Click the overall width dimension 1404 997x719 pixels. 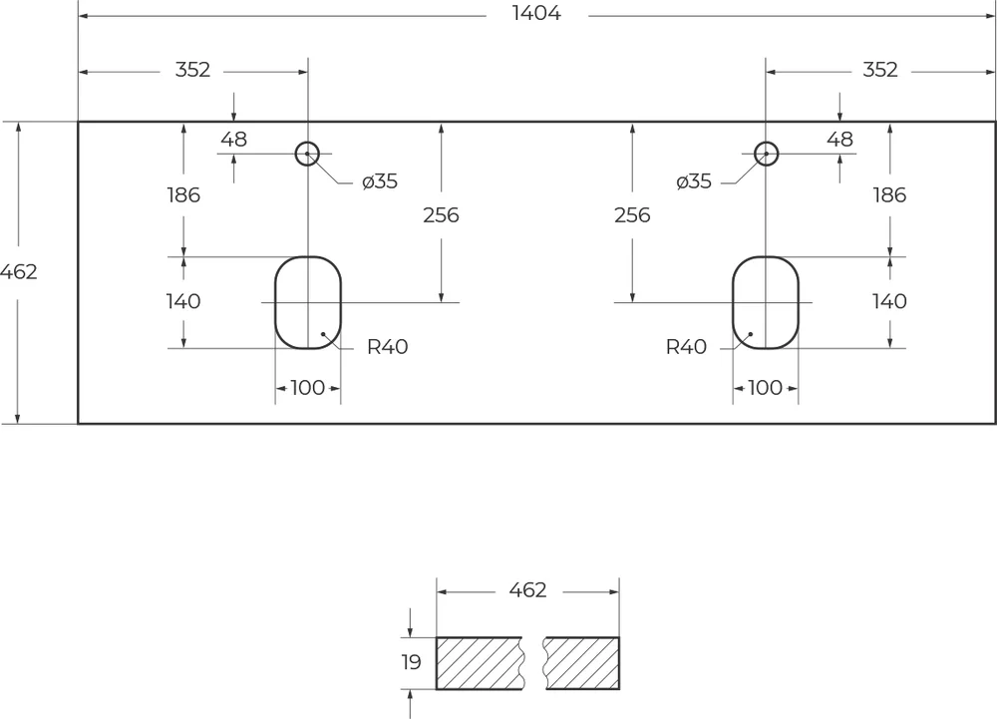click(537, 14)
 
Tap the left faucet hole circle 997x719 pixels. click(307, 154)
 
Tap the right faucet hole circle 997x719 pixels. click(766, 154)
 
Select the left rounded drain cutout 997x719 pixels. click(308, 302)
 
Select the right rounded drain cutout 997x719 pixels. click(766, 302)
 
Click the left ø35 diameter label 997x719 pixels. click(380, 181)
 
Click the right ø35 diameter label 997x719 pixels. click(693, 181)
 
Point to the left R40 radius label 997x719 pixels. click(387, 347)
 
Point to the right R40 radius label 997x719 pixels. click(686, 347)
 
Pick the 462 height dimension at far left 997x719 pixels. click(19, 271)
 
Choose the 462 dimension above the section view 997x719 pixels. click(527, 590)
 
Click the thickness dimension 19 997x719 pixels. click(411, 662)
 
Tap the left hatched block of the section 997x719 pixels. click(479, 663)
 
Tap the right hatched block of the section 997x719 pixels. click(582, 663)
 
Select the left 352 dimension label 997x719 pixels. click(192, 70)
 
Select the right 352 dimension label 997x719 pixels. click(880, 70)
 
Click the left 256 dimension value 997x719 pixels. click(441, 214)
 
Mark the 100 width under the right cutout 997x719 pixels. click(765, 388)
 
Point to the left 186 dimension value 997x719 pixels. click(182, 195)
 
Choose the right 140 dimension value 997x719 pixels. click(889, 301)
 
